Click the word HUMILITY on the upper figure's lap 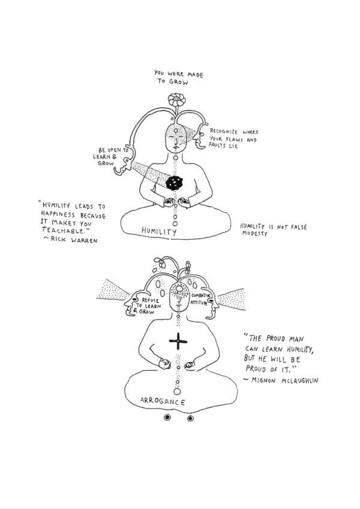click(159, 231)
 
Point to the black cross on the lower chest click(178, 341)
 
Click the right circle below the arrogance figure click(190, 418)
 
